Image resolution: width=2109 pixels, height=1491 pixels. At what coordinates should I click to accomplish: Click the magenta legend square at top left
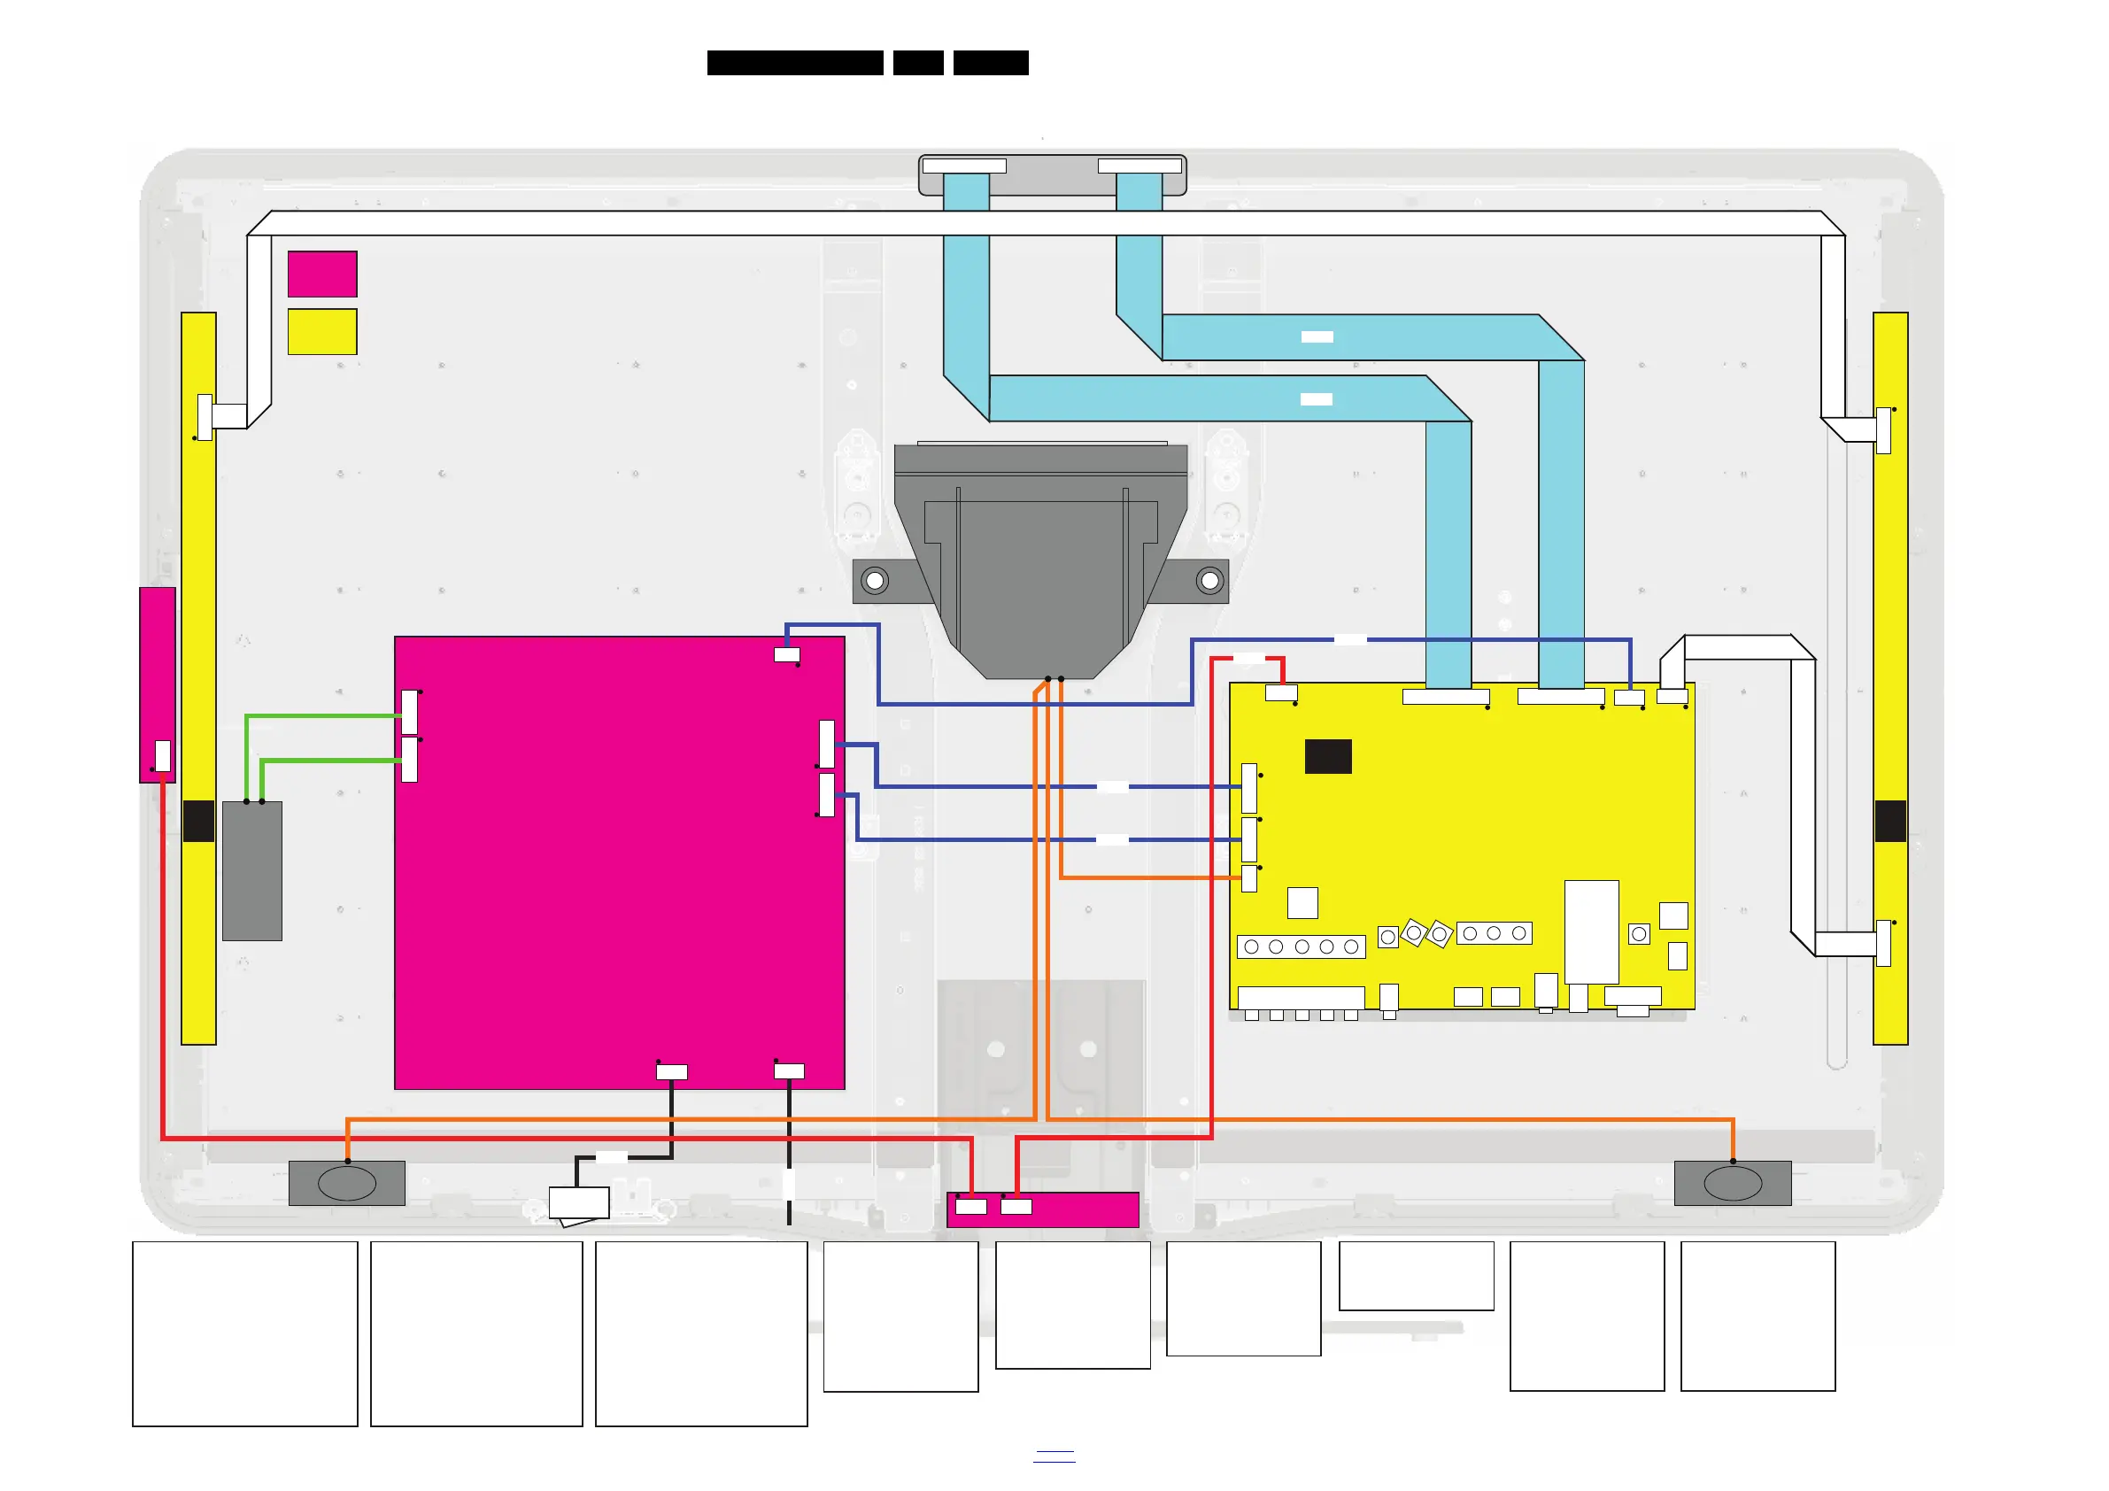click(x=321, y=274)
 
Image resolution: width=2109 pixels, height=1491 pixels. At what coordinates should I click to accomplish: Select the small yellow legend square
click(x=321, y=331)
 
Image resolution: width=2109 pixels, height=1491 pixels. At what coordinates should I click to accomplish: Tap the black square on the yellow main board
click(x=1327, y=756)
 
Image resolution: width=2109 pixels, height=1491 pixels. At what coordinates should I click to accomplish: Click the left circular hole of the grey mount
click(x=876, y=581)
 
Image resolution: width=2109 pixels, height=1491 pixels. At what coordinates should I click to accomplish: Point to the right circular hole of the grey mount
click(x=1209, y=581)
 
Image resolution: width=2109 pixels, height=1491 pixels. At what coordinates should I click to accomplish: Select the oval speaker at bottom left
click(x=347, y=1183)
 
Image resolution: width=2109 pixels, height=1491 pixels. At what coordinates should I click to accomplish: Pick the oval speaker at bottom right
click(x=1733, y=1183)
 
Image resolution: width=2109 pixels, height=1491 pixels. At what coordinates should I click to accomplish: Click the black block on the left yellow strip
click(x=198, y=821)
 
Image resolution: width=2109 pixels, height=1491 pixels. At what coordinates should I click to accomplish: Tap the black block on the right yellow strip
click(x=1889, y=821)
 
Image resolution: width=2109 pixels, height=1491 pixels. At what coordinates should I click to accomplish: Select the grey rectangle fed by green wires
click(x=251, y=871)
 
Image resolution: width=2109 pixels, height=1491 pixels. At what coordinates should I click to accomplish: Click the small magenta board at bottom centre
click(x=1043, y=1209)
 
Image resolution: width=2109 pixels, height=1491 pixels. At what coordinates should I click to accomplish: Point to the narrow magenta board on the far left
click(x=157, y=684)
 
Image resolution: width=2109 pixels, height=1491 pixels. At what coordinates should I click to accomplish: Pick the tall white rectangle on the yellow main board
click(x=1591, y=931)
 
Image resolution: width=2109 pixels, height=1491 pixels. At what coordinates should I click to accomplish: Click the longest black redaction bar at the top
click(x=794, y=63)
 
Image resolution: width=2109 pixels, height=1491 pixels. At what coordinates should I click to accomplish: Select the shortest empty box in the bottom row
click(x=1416, y=1275)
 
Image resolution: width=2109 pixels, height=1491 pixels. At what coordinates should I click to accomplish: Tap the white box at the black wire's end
click(x=579, y=1202)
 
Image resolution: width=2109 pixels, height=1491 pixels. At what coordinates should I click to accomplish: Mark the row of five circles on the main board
click(x=1301, y=946)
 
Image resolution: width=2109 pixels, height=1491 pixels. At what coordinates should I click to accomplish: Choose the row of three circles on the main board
click(x=1494, y=933)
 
